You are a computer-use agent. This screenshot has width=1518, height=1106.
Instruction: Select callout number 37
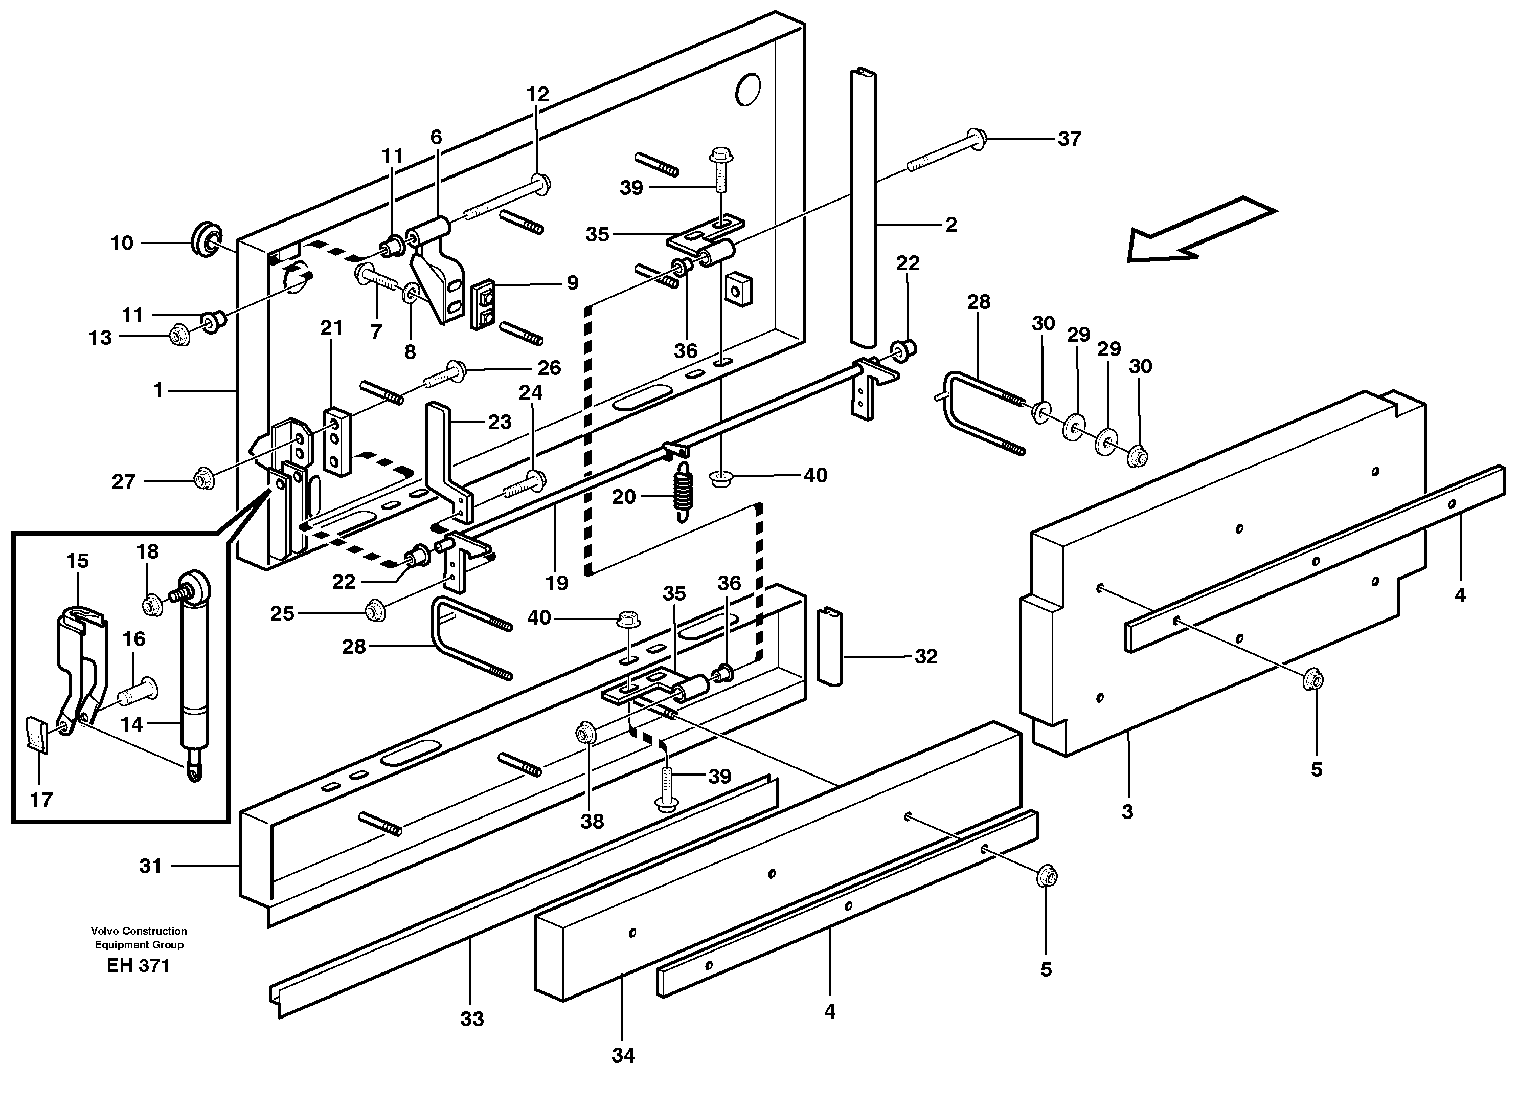pyautogui.click(x=1069, y=139)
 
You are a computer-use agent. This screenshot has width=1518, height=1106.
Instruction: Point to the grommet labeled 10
pyautogui.click(x=206, y=240)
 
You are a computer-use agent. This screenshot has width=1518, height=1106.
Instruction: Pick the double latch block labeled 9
pyautogui.click(x=484, y=304)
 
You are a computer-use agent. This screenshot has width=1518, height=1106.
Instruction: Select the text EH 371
pyautogui.click(x=138, y=966)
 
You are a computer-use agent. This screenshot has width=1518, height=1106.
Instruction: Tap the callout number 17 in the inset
pyautogui.click(x=41, y=800)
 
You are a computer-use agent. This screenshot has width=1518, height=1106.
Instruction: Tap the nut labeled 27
pyautogui.click(x=203, y=479)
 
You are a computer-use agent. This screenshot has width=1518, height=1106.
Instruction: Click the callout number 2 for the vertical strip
pyautogui.click(x=951, y=225)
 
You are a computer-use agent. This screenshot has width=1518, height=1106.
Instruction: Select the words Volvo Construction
pyautogui.click(x=139, y=931)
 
